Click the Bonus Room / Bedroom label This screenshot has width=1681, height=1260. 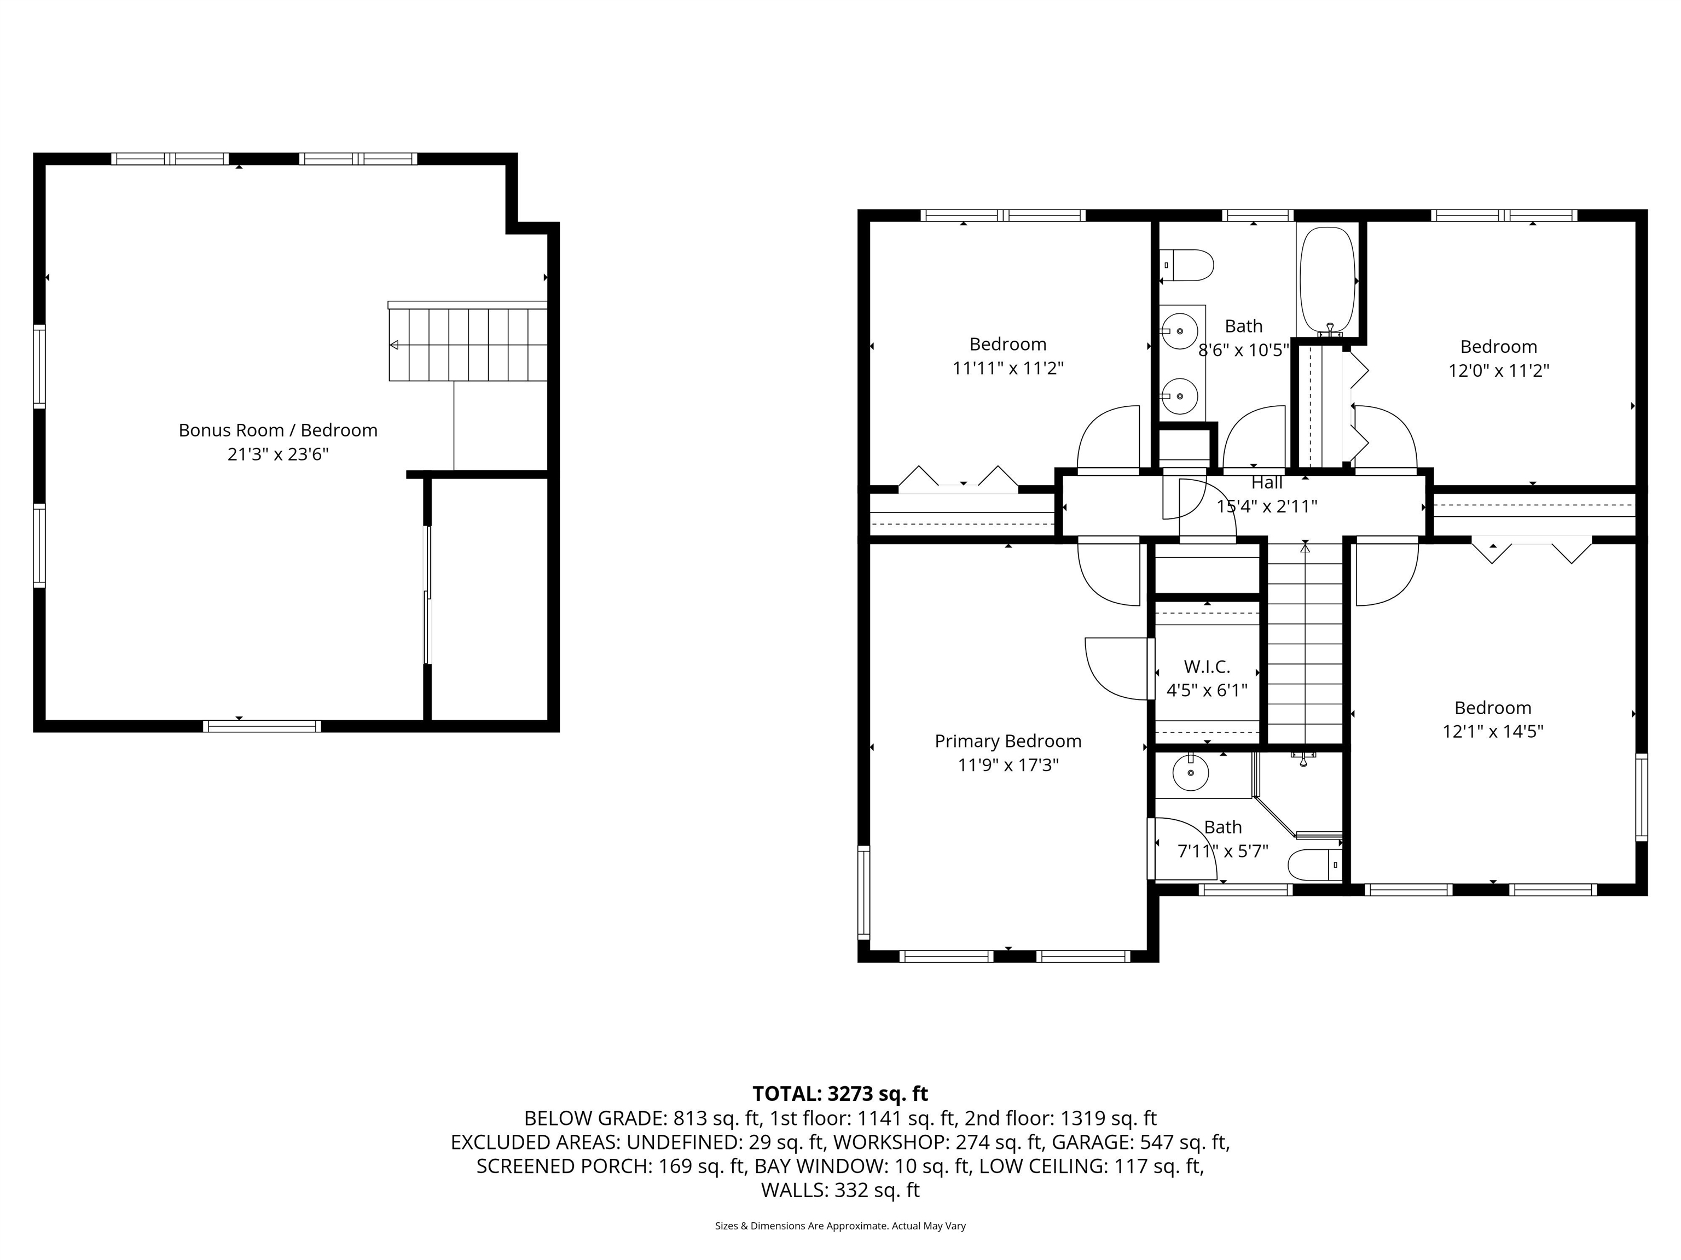coord(277,430)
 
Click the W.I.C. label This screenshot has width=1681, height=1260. coord(1207,667)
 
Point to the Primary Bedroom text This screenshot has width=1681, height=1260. coord(1008,741)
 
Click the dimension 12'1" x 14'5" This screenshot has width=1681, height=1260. coord(1493,731)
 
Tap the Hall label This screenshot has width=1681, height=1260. coord(1267,483)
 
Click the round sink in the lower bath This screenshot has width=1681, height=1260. coord(1191,774)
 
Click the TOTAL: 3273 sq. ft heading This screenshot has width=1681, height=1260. coord(840,1094)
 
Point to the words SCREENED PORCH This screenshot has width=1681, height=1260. coord(563,1166)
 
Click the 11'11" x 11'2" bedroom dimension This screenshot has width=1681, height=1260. coord(1008,369)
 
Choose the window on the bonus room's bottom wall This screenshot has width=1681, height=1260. coord(262,726)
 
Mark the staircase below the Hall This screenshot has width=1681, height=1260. coord(1305,645)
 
